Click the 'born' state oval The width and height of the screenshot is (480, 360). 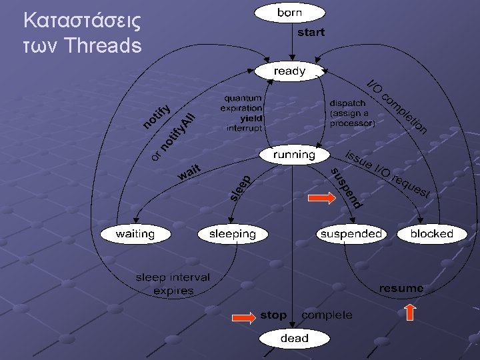click(290, 13)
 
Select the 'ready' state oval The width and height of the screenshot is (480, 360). click(289, 71)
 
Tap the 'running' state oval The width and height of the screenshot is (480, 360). click(294, 155)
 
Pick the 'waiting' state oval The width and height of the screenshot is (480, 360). click(135, 234)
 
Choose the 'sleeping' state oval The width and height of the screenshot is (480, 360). click(232, 234)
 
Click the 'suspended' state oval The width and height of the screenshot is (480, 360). click(351, 233)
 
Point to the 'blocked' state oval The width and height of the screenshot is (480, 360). click(431, 233)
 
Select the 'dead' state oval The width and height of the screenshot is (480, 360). click(294, 339)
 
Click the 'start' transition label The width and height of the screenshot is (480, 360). click(311, 32)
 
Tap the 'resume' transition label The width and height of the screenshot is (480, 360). click(401, 288)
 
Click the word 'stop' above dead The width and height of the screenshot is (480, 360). click(273, 315)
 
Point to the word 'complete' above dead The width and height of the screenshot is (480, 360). click(327, 315)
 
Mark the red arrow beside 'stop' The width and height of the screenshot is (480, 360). click(243, 317)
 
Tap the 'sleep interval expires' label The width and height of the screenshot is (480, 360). click(173, 283)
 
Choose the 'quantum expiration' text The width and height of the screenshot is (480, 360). click(243, 103)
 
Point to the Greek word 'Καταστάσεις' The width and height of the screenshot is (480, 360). click(81, 21)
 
